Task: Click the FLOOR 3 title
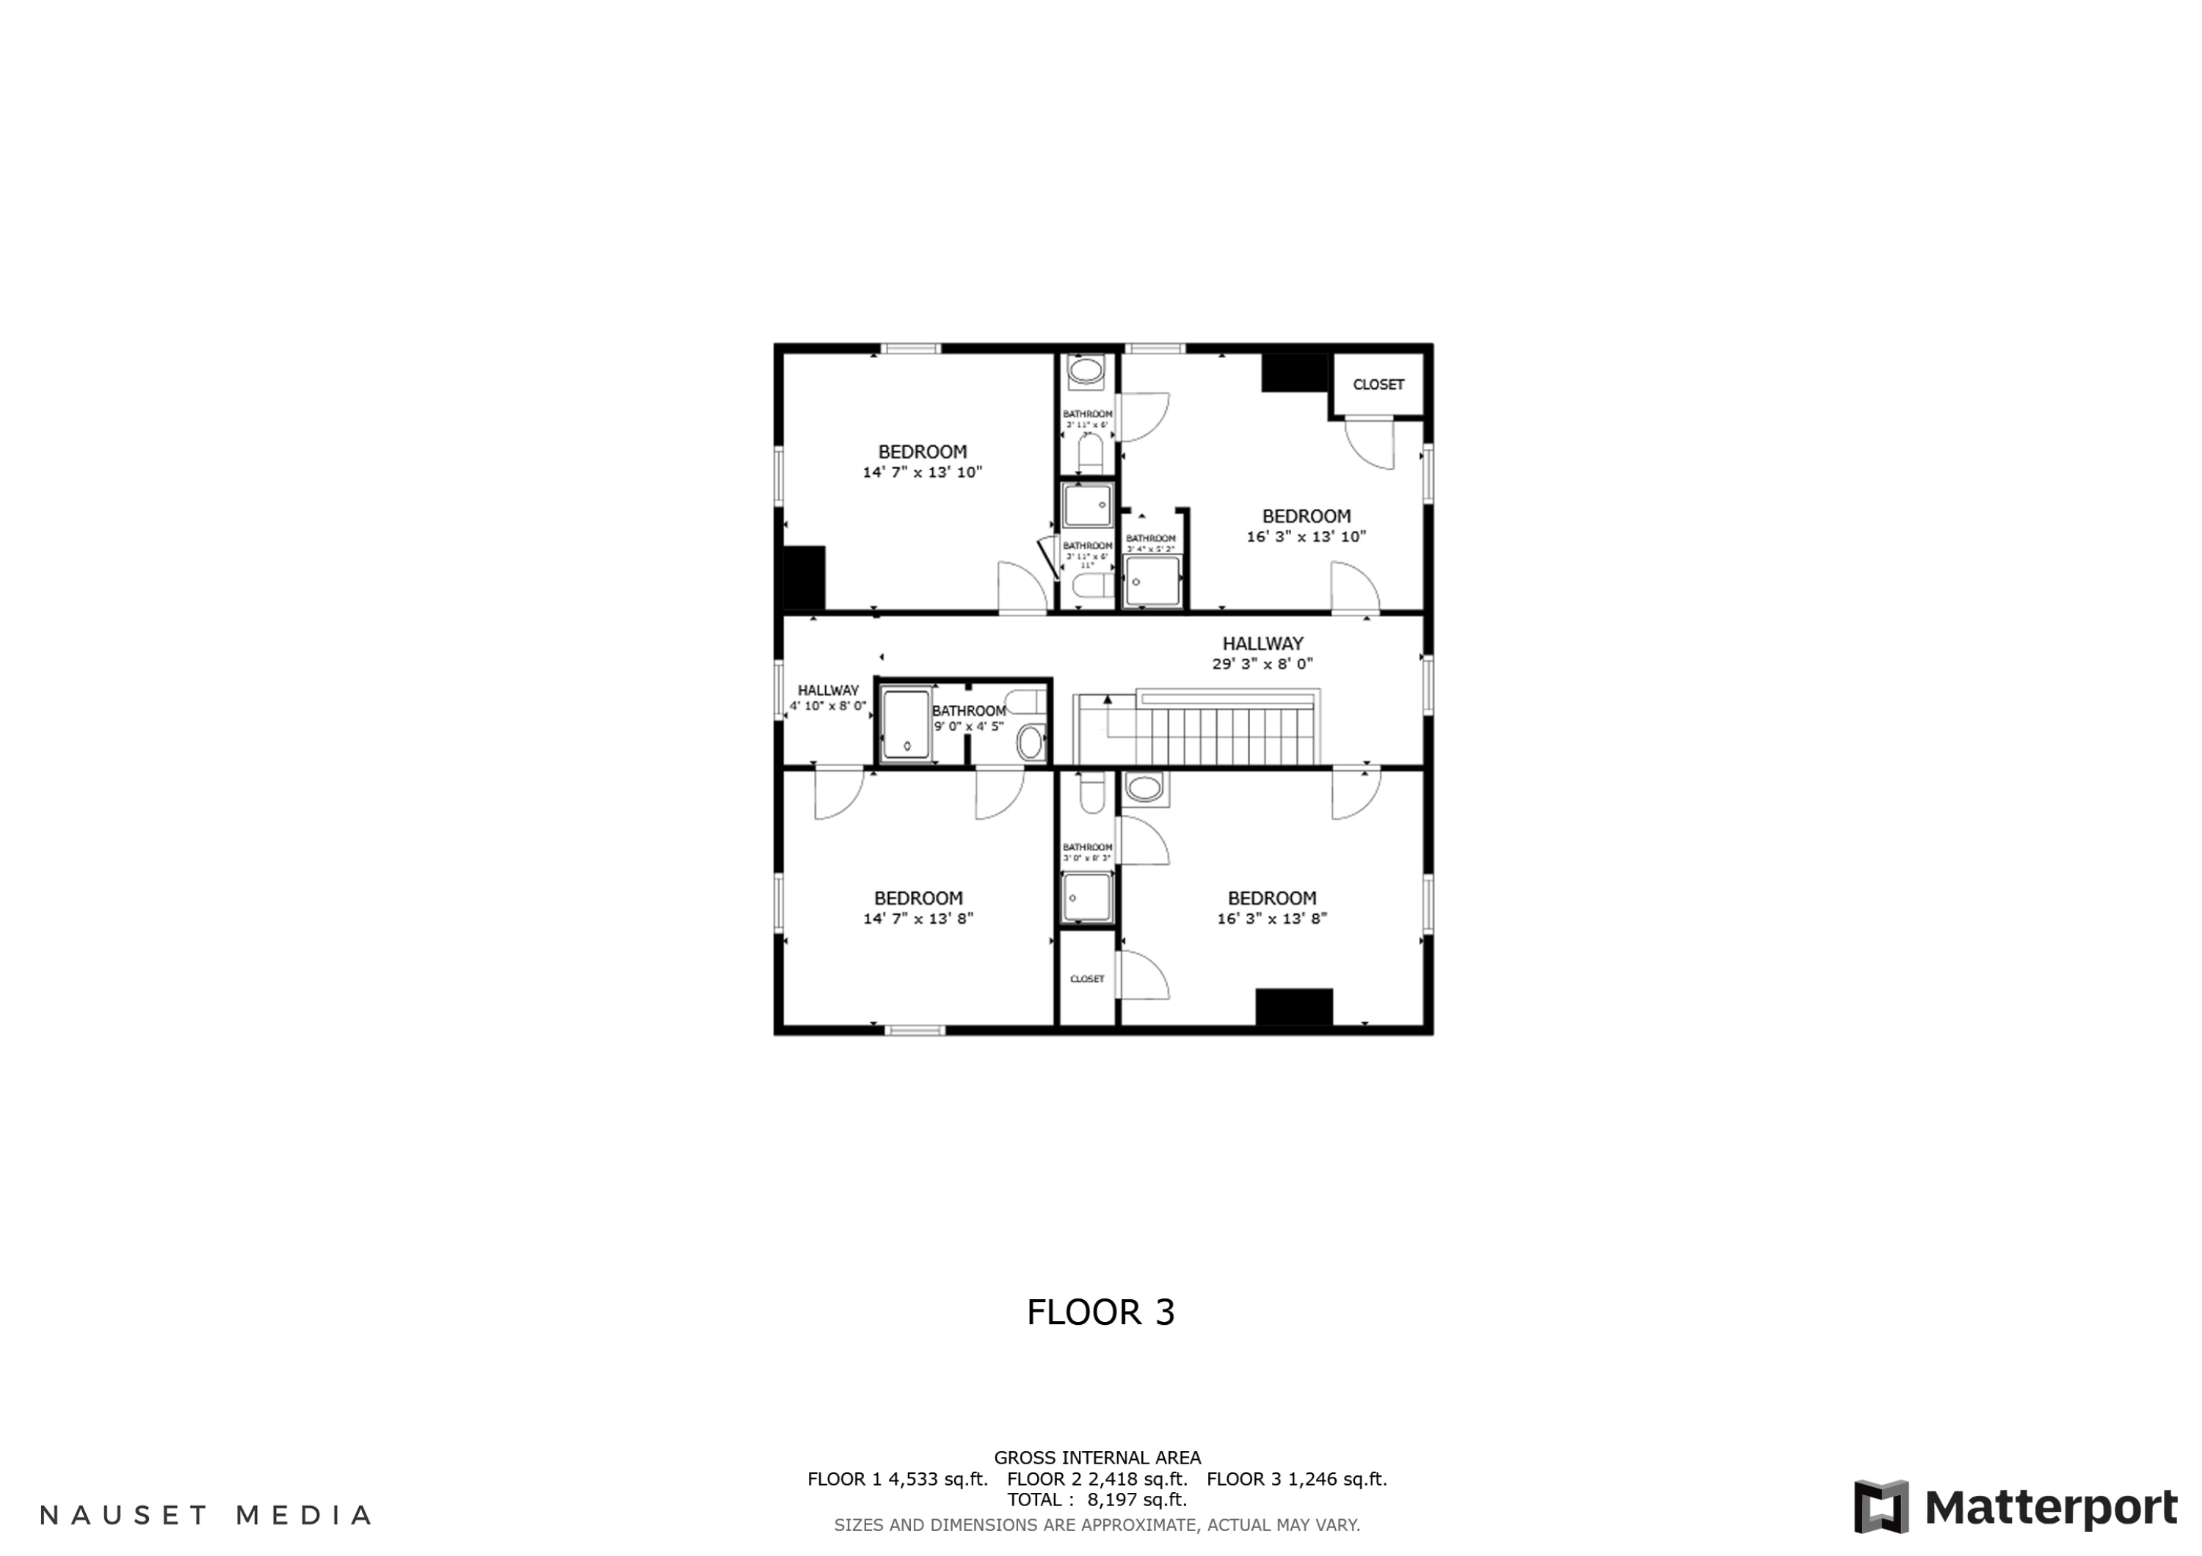pos(1100,1312)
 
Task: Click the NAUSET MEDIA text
pos(206,1516)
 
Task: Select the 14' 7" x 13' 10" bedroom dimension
pos(923,472)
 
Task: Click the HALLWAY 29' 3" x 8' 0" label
pos(1262,654)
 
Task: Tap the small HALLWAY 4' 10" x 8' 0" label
pos(828,698)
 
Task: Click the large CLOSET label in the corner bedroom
pos(1378,384)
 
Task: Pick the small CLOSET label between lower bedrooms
pos(1086,979)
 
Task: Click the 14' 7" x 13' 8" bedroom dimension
pos(917,918)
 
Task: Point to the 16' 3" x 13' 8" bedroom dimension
pos(1272,918)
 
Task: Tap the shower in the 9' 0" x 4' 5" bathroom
pos(905,725)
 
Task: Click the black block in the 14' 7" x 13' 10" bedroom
pos(804,577)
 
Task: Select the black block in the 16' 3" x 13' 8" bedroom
pos(1294,1006)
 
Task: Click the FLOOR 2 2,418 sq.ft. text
pos(1097,1479)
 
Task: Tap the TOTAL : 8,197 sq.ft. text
pos(1097,1500)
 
